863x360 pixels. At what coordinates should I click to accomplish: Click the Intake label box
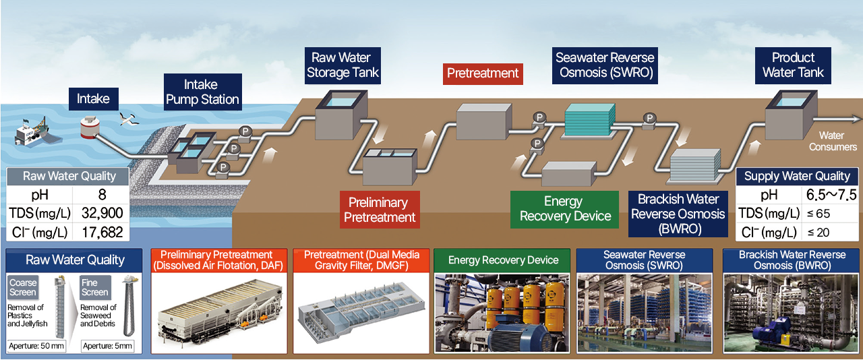pyautogui.click(x=93, y=99)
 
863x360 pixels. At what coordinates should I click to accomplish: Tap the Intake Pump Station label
pyautogui.click(x=202, y=92)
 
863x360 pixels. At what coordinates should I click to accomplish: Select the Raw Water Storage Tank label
pyautogui.click(x=343, y=65)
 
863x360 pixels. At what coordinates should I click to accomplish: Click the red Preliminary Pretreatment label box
pyautogui.click(x=380, y=210)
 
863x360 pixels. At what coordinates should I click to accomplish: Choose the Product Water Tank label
pyautogui.click(x=793, y=65)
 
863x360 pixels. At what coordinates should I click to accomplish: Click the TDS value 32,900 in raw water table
pyautogui.click(x=102, y=214)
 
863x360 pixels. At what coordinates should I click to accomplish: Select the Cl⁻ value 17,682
pyautogui.click(x=102, y=233)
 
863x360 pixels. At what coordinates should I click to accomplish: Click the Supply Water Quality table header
pyautogui.click(x=797, y=176)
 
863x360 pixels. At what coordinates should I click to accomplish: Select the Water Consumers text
pyautogui.click(x=833, y=142)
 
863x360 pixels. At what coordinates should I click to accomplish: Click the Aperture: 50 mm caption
pyautogui.click(x=36, y=346)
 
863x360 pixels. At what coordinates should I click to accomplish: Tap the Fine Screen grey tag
pyautogui.click(x=94, y=287)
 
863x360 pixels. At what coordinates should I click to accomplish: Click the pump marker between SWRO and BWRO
pyautogui.click(x=649, y=119)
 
